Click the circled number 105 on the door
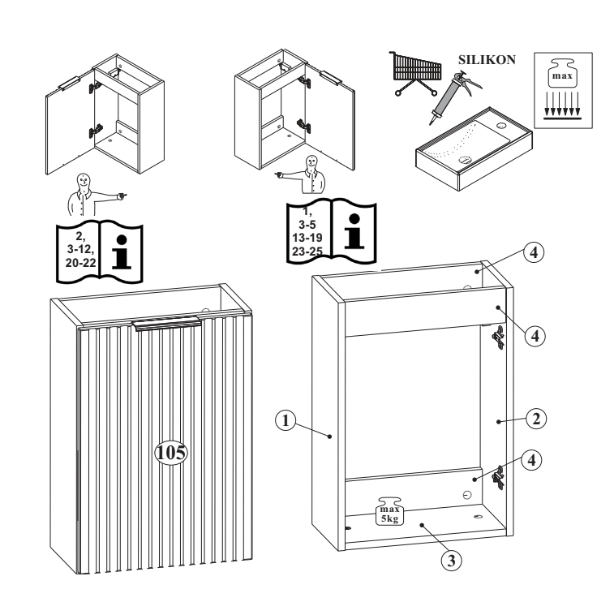pyautogui.click(x=171, y=451)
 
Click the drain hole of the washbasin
pyautogui.click(x=464, y=161)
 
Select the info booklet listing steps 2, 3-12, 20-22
pyautogui.click(x=96, y=247)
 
